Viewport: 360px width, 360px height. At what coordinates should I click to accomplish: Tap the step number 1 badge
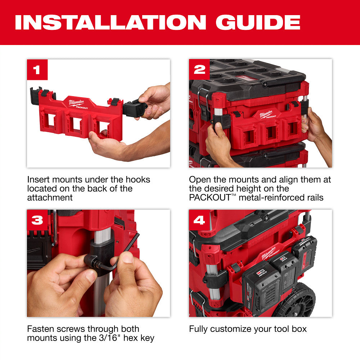tap(37, 70)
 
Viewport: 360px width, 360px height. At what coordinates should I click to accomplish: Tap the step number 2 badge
tap(199, 70)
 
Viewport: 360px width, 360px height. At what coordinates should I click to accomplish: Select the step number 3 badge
tap(37, 220)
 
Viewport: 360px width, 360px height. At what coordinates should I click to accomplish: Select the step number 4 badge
tap(199, 220)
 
